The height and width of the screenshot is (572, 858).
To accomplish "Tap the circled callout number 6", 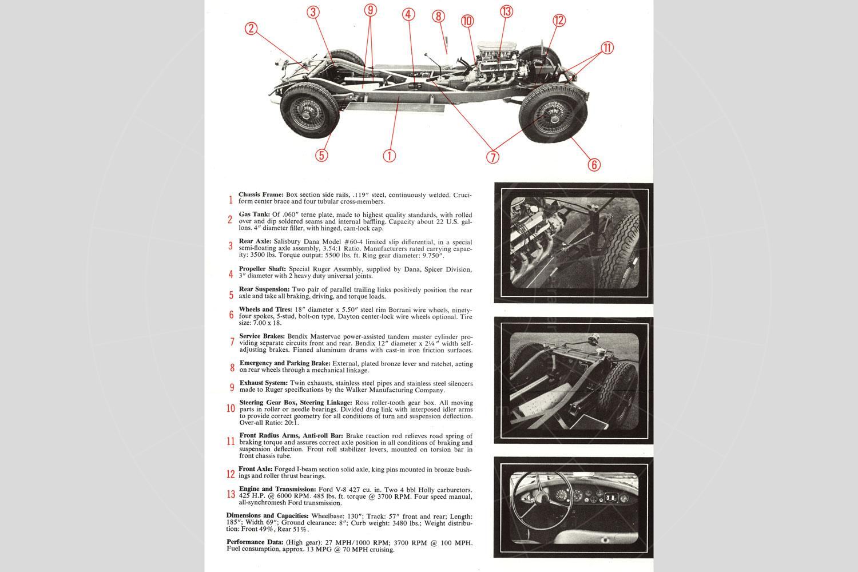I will (594, 165).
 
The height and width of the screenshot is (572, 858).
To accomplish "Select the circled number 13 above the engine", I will (506, 11).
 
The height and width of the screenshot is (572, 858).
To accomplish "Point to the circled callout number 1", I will (389, 155).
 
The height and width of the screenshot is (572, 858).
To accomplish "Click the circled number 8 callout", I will (439, 16).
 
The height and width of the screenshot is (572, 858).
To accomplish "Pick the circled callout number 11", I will (607, 48).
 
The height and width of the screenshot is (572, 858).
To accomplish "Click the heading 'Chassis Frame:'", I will (261, 194).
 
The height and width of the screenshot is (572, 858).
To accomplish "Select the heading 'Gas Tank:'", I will (255, 214).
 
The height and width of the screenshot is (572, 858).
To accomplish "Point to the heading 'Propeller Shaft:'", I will (262, 268).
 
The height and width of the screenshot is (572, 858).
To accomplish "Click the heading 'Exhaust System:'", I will (264, 383).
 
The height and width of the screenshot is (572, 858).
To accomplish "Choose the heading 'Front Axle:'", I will (256, 469).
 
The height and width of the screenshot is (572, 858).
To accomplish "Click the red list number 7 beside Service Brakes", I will (232, 342).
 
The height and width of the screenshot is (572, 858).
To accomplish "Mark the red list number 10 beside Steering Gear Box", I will (231, 408).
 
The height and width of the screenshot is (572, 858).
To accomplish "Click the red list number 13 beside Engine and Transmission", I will (231, 494).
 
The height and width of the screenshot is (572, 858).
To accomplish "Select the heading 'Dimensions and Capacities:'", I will (267, 515).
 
